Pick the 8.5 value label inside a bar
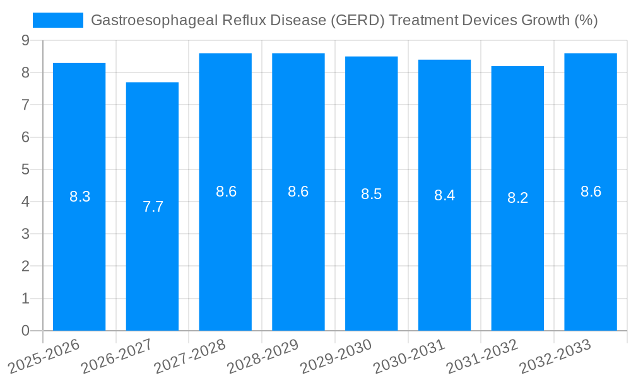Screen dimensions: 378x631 371,194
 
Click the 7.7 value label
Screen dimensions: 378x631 153,207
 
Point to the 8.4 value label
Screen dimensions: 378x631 444,195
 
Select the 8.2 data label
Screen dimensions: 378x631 517,198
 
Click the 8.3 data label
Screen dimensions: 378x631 80,197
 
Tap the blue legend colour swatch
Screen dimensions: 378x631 58,20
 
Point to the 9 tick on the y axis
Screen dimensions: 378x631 25,40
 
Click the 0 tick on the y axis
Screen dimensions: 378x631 25,331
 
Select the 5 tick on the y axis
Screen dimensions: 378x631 25,169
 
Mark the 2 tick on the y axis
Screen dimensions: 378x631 25,266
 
